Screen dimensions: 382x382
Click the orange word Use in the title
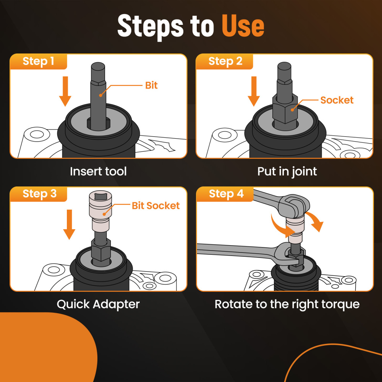[x=243, y=26]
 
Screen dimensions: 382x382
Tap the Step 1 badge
[x=38, y=62]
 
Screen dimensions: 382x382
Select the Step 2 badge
[x=225, y=62]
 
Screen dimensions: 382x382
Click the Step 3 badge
[x=39, y=194]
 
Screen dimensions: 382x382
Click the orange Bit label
[x=151, y=86]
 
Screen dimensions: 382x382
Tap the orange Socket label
[x=337, y=100]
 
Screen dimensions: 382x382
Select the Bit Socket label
[x=156, y=206]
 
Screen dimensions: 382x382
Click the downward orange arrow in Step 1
[x=65, y=91]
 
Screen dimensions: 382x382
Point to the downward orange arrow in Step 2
[x=254, y=91]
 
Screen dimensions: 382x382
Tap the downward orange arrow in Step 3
[x=69, y=224]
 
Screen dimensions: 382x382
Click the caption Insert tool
[x=98, y=171]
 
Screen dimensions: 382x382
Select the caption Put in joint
[x=287, y=172]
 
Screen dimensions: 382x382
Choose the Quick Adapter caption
[x=98, y=304]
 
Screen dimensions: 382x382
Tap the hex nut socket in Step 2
[x=285, y=109]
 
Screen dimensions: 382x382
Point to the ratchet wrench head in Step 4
[x=294, y=206]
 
